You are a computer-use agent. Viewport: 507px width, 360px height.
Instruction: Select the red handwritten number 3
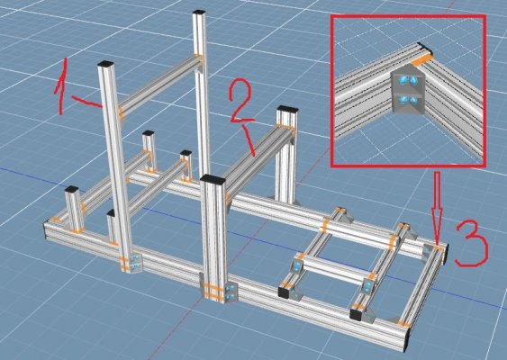click(x=471, y=245)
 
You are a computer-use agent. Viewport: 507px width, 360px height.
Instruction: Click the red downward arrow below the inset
click(x=437, y=209)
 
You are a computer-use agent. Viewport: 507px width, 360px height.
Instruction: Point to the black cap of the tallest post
click(x=199, y=13)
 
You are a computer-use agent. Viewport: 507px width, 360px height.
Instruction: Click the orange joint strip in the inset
click(x=421, y=60)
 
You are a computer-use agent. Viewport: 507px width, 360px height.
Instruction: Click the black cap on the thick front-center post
click(x=213, y=179)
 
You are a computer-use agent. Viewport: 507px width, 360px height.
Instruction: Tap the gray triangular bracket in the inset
click(x=407, y=89)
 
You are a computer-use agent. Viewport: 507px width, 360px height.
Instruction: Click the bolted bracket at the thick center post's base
click(x=231, y=291)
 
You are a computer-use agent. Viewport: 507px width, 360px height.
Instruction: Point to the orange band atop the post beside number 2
click(x=285, y=126)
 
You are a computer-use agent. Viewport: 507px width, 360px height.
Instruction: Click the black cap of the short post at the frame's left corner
click(x=72, y=189)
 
